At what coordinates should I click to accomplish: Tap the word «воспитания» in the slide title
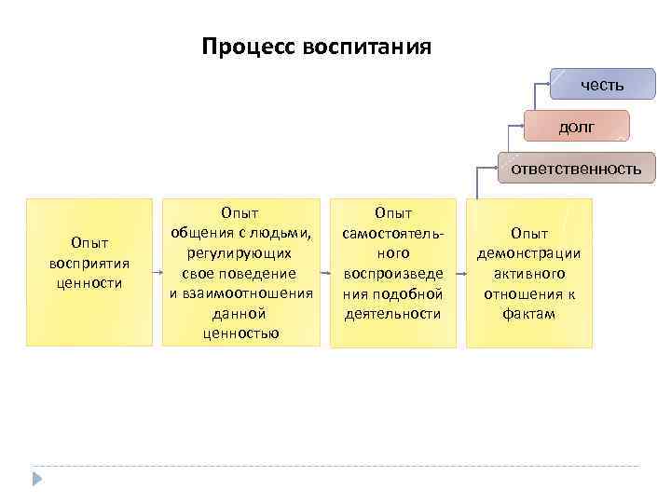pos(366,47)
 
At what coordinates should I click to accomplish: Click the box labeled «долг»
pos(576,126)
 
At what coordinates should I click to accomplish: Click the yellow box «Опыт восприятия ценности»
pos(89,271)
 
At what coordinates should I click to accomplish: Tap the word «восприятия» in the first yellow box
pos(89,263)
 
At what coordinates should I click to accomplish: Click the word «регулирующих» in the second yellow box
pos(240,252)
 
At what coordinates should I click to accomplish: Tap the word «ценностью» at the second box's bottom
pos(240,333)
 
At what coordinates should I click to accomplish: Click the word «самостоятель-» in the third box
pos(392,233)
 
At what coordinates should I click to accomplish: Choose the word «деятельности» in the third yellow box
pos(392,314)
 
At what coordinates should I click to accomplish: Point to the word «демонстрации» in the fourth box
pos(528,253)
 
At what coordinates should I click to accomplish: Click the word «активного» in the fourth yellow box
pos(528,274)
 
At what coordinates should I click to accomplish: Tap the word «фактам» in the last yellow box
pos(528,314)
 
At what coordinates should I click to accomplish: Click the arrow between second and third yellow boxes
pos(324,273)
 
